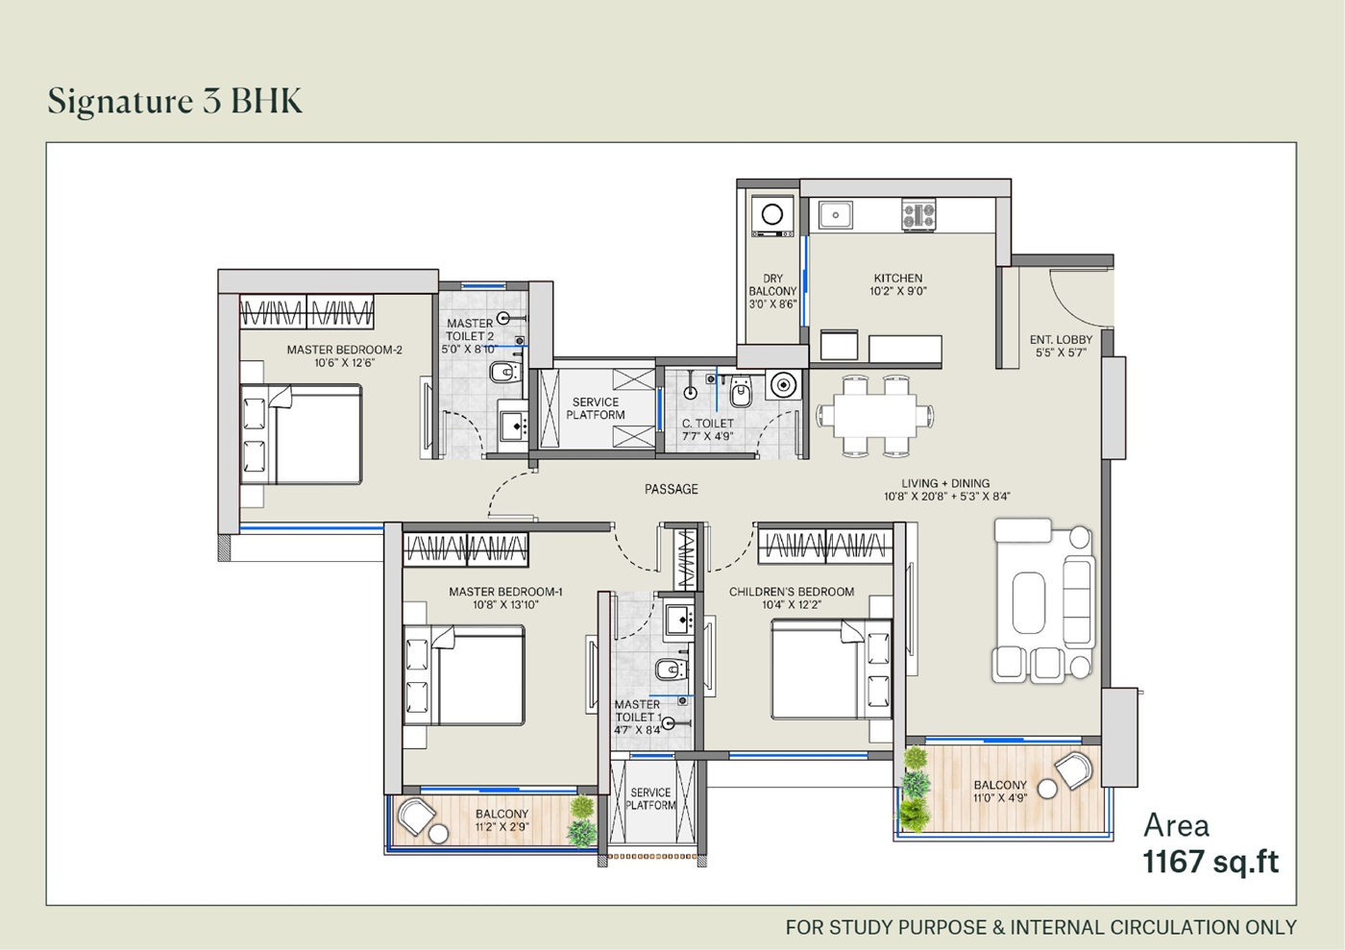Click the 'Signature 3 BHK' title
coord(175,101)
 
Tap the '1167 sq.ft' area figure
coord(1210,863)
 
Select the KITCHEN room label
coord(897,278)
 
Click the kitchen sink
coord(835,215)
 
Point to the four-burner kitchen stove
coord(918,215)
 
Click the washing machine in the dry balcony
coord(772,215)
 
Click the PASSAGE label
coord(672,490)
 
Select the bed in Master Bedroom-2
coord(301,434)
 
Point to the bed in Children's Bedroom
coord(832,670)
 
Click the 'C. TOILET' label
coord(707,424)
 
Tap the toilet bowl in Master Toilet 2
coord(505,373)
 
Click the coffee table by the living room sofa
coord(1029,602)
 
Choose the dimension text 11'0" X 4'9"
coord(1000,798)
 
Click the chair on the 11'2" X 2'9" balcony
coord(415,816)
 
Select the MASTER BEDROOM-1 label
coord(505,592)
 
